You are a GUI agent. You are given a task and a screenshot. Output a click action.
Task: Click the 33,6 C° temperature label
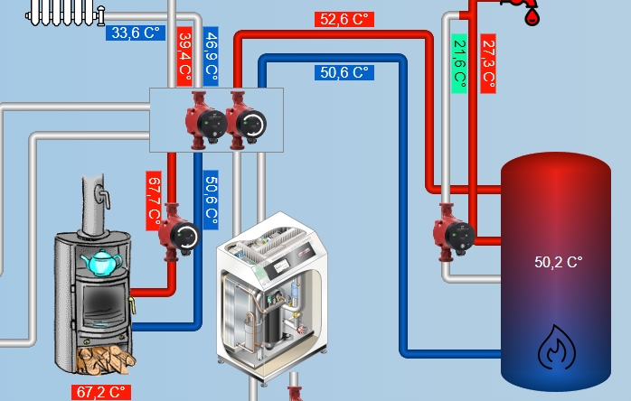pyautogui.click(x=134, y=33)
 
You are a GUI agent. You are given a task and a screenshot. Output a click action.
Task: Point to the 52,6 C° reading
pyautogui.click(x=344, y=19)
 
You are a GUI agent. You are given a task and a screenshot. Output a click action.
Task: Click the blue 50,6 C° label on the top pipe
pyautogui.click(x=344, y=72)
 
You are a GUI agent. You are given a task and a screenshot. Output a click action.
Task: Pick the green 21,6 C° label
pyautogui.click(x=459, y=63)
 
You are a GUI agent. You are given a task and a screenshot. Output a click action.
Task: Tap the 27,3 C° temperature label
pyautogui.click(x=488, y=63)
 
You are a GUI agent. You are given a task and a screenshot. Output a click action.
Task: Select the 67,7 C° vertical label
pyautogui.click(x=154, y=200)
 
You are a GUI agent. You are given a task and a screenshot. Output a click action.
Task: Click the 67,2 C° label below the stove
pyautogui.click(x=101, y=393)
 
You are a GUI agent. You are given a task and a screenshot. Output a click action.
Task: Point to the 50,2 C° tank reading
pyautogui.click(x=559, y=262)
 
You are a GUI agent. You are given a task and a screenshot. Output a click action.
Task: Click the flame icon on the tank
pyautogui.click(x=557, y=347)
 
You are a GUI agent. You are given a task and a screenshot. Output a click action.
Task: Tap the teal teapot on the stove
pyautogui.click(x=101, y=262)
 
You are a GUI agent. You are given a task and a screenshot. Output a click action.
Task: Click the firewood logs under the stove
pyautogui.click(x=106, y=359)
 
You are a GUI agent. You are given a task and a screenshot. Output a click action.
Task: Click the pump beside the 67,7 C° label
pyautogui.click(x=179, y=235)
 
